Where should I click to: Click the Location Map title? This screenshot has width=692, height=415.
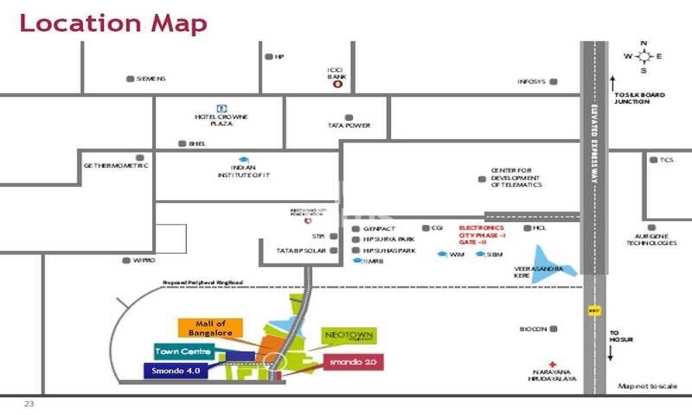[113, 23]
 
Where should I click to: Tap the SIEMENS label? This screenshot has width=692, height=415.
[151, 79]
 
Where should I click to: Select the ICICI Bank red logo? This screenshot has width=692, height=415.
[338, 85]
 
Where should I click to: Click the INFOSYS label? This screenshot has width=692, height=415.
[532, 82]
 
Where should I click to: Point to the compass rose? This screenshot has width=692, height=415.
[644, 57]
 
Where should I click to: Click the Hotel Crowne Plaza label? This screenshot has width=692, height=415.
[221, 120]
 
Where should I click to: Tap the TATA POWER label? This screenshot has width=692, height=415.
[349, 126]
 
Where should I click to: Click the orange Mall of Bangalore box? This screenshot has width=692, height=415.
[210, 328]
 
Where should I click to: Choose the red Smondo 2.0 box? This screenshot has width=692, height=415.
[353, 362]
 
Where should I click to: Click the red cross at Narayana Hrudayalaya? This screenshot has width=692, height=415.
[552, 365]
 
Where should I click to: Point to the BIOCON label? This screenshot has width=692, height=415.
[534, 329]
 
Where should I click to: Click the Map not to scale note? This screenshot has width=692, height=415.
[647, 386]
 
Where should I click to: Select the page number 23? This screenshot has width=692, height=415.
[28, 403]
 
